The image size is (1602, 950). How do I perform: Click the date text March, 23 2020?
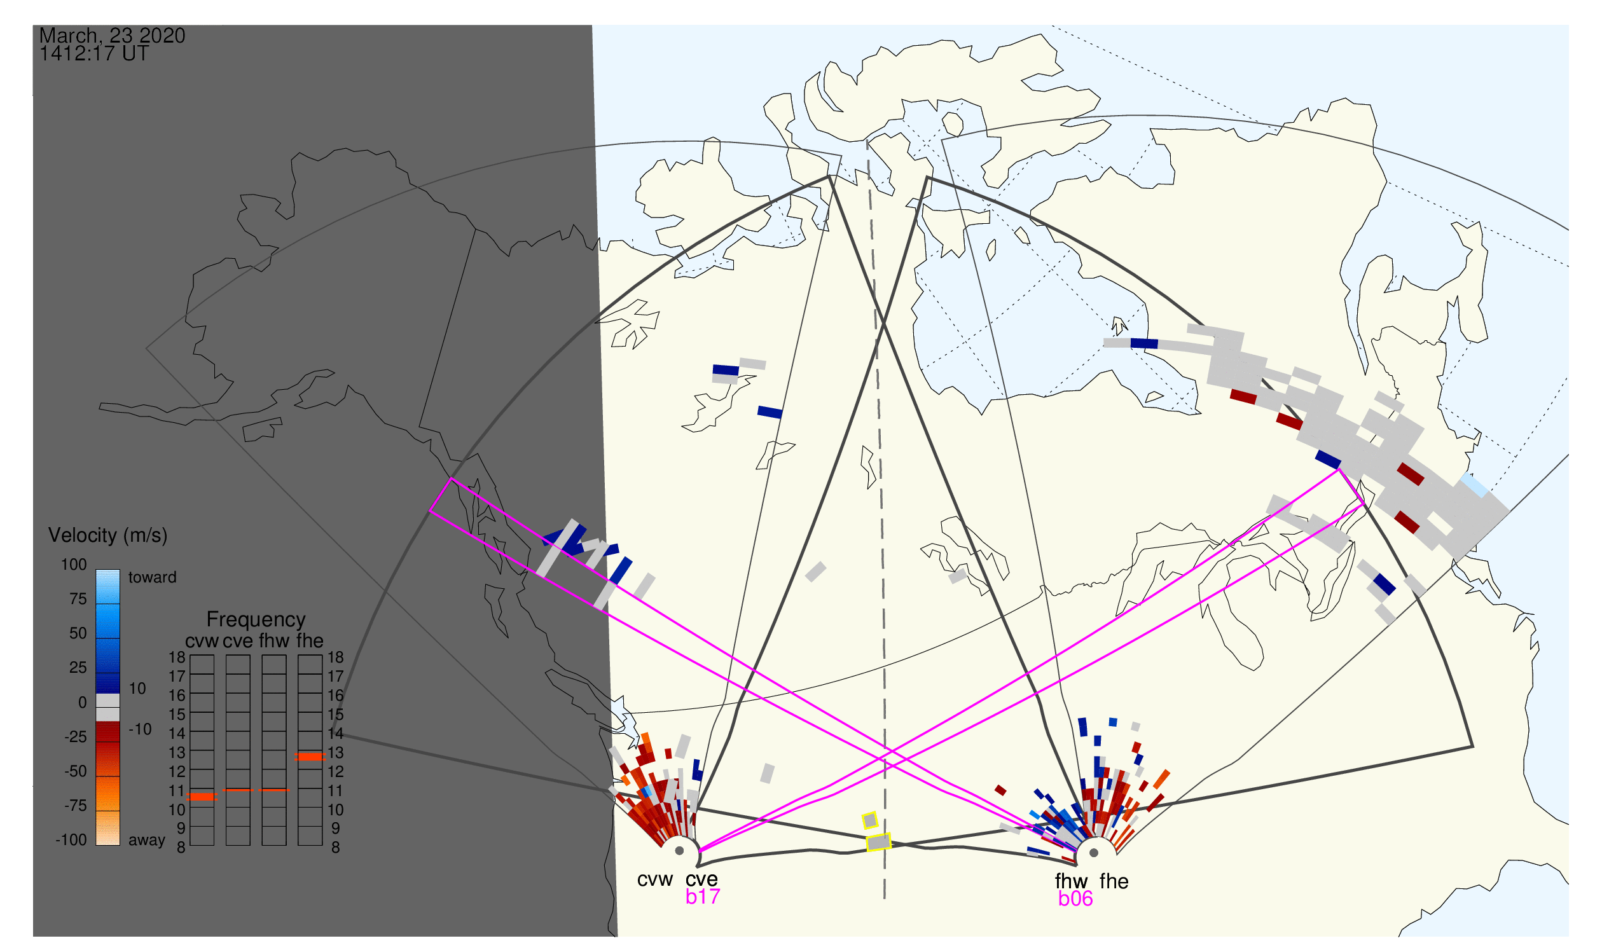(112, 36)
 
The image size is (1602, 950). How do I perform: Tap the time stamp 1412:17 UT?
(94, 54)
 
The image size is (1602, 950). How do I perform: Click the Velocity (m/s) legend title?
(107, 535)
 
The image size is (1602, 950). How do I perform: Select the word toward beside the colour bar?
(153, 577)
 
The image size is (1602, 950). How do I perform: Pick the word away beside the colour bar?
(147, 840)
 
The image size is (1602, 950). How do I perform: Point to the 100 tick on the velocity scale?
(74, 565)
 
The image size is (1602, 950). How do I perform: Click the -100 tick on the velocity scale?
(71, 840)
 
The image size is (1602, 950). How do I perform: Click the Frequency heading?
(256, 619)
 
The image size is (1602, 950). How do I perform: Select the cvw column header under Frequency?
(202, 641)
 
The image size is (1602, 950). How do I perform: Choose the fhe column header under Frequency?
(310, 641)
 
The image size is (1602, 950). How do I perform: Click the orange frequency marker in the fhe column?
(310, 757)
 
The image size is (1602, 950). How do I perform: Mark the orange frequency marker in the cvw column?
(202, 797)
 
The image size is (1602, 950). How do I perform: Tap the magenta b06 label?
(1075, 898)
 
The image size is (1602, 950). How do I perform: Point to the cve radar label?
(701, 879)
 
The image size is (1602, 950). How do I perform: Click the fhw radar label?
(1070, 881)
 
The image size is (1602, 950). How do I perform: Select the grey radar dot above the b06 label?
(1094, 853)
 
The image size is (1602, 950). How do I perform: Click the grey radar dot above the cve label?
(679, 851)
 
